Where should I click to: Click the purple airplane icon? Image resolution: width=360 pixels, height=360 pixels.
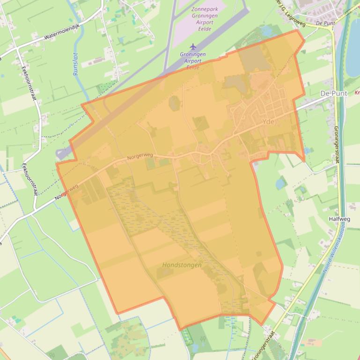click(x=193, y=46)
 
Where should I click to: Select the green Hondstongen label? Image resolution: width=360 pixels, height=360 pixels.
click(x=182, y=265)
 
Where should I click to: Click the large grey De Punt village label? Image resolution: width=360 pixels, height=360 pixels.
click(x=334, y=94)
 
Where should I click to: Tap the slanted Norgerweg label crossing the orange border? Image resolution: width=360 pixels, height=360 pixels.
click(x=66, y=192)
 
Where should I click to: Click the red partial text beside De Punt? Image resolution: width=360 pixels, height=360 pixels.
click(x=357, y=93)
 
